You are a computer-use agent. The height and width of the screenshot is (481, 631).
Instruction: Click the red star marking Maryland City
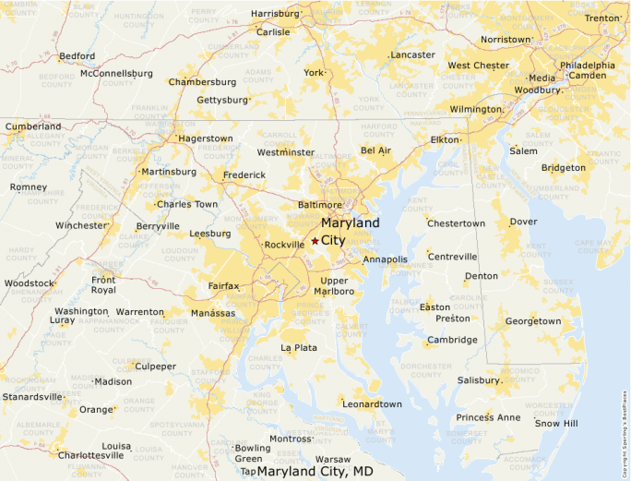tap(315, 240)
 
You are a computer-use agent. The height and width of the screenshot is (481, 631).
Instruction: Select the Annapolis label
tap(385, 259)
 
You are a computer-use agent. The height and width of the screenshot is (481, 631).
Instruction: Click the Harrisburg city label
tap(275, 14)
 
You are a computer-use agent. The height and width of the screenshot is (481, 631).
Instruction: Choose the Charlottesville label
tap(90, 455)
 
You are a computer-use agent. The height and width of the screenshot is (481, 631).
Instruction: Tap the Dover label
tap(523, 222)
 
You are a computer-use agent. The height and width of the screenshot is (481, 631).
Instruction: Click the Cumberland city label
tap(34, 126)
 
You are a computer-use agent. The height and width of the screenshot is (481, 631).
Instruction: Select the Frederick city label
tap(244, 174)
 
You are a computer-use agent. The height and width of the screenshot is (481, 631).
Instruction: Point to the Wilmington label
tap(475, 109)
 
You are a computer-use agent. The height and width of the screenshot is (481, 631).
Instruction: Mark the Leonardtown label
tap(372, 404)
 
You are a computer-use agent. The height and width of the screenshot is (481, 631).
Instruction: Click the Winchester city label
tap(81, 225)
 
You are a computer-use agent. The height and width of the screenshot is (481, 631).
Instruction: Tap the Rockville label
tap(283, 245)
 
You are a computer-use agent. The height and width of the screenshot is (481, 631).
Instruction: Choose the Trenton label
tap(601, 18)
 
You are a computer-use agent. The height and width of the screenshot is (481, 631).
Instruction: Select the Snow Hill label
tap(556, 423)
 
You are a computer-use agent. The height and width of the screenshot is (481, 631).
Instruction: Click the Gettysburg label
tap(222, 100)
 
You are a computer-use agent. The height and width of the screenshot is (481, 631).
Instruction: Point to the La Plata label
tap(299, 348)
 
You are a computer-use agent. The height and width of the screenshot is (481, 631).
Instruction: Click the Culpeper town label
tap(156, 367)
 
